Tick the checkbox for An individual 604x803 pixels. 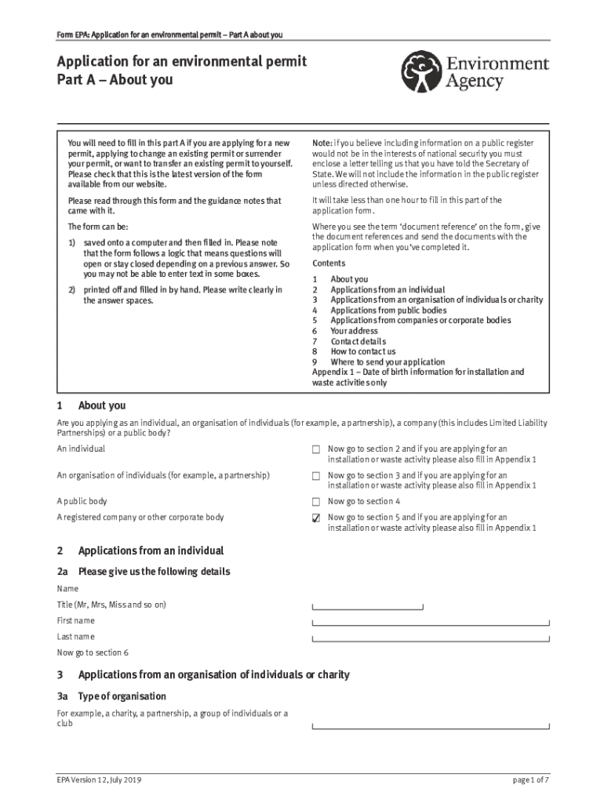316,449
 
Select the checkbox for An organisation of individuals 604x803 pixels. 316,476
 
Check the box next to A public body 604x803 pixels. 316,502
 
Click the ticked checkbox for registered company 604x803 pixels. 316,518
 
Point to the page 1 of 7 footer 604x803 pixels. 530,780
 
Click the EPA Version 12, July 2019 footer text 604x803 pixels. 99,780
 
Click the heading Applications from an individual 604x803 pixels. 151,550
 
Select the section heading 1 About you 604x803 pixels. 101,405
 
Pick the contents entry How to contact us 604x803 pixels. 363,352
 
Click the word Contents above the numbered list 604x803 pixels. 328,263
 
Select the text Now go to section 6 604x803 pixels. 93,652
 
